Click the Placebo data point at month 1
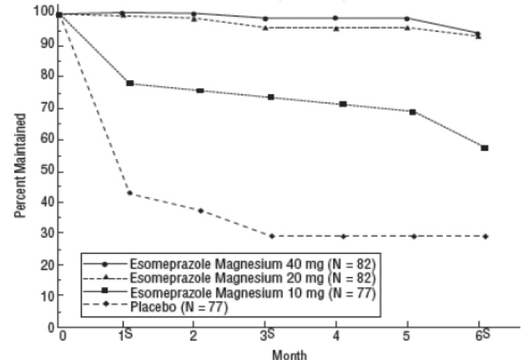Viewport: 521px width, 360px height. (x=130, y=193)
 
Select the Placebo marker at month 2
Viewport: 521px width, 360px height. (x=200, y=210)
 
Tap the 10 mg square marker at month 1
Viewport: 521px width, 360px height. (x=130, y=83)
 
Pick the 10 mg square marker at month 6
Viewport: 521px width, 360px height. (x=485, y=148)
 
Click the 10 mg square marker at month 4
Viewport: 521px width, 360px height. (x=343, y=104)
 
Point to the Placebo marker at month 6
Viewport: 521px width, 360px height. (x=486, y=236)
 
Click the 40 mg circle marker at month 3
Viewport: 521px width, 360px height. (x=266, y=19)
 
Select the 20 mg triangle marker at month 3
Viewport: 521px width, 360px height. (x=266, y=27)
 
